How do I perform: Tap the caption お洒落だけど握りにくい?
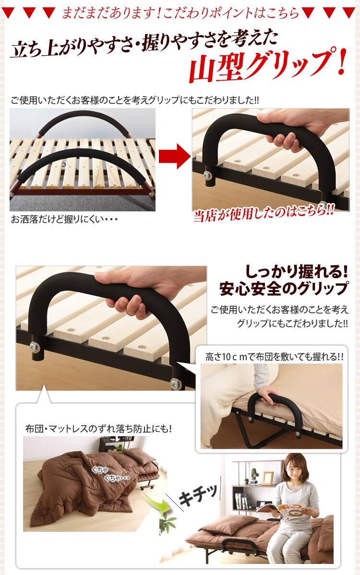coord(64,220)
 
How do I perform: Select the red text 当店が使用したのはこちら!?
coord(264,212)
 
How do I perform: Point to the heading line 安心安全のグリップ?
coord(284,289)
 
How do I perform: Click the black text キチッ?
coord(198,495)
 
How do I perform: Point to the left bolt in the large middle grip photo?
coord(35,347)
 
